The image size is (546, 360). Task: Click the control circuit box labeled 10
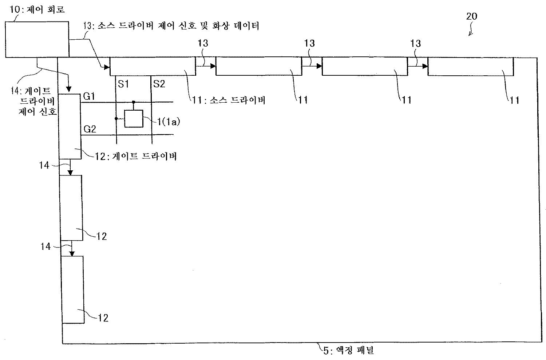37,39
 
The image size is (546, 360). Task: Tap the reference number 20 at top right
471,16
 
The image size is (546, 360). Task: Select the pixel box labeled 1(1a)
134,119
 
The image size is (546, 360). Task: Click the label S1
123,84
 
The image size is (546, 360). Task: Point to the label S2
159,84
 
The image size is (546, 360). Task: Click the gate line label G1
89,96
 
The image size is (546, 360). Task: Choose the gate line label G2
90,129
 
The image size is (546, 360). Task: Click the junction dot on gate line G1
134,102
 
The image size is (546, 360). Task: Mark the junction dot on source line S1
116,119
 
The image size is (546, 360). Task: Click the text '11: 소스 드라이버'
229,100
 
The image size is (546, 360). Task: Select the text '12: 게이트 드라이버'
135,156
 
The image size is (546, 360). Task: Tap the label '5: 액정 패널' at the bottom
349,351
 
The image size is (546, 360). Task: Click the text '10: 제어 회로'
37,9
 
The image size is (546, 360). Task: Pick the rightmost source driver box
471,67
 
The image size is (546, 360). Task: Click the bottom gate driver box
73,290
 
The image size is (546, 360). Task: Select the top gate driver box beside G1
70,126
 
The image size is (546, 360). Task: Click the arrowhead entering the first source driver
107,67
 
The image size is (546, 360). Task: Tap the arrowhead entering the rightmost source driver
425,66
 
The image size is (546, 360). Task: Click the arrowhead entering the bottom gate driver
72,253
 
